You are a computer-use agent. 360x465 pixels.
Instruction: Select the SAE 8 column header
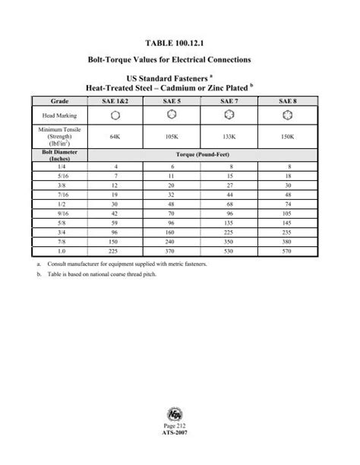(x=286, y=100)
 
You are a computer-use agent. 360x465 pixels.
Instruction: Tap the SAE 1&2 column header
(x=115, y=100)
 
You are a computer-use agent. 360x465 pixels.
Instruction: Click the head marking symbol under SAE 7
(x=229, y=115)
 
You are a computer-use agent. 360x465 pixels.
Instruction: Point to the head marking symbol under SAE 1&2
(x=115, y=115)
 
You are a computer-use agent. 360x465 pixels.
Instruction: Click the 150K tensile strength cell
(x=286, y=136)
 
